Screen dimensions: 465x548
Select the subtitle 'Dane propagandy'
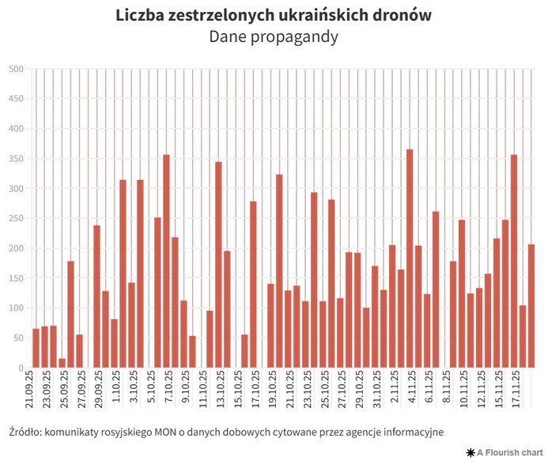coord(274,36)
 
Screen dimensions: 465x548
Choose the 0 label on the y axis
coord(20,368)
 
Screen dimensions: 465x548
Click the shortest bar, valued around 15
coord(62,364)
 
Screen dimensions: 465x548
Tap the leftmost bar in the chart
coord(36,349)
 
